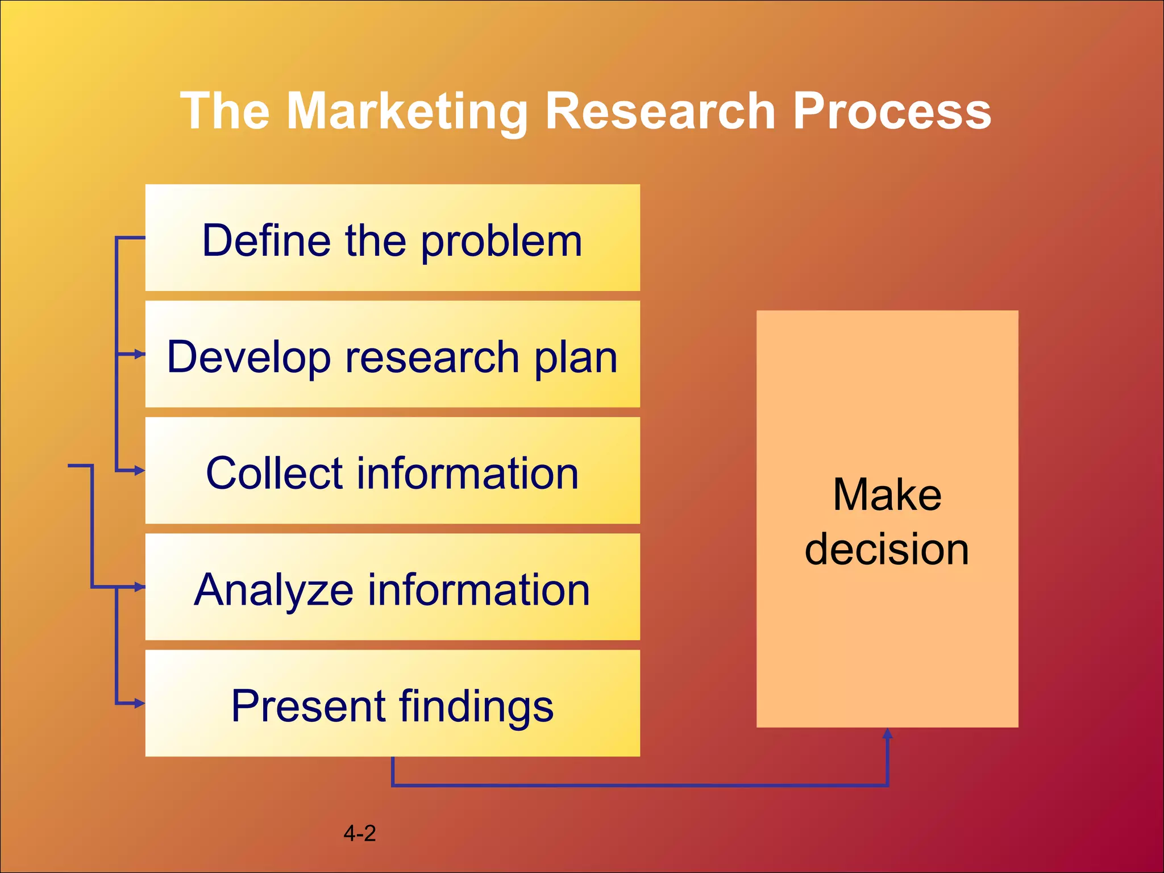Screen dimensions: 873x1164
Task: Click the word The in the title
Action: coord(225,111)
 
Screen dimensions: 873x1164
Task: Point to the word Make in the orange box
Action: coord(887,494)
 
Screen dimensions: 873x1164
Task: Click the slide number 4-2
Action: coord(360,833)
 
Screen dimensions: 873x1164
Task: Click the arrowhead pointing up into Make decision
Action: coord(887,734)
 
